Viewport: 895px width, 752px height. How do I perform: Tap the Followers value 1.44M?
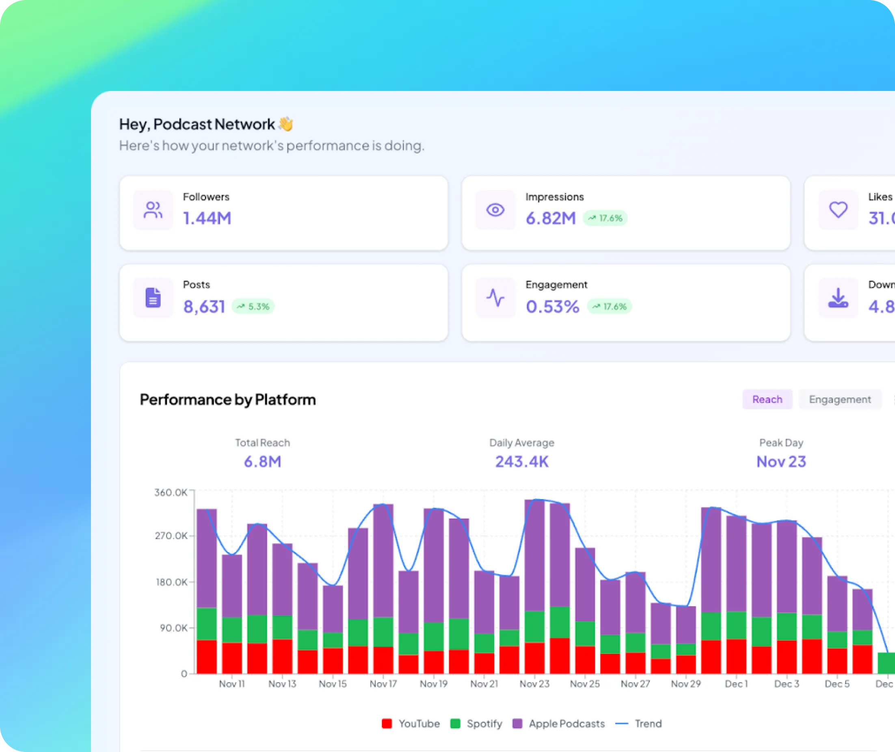[x=207, y=218]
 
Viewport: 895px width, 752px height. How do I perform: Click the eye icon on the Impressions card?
[x=495, y=210]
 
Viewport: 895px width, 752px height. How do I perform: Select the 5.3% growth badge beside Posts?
[x=253, y=307]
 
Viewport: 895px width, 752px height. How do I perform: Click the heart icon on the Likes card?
[x=838, y=210]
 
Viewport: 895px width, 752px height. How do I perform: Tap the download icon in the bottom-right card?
[x=838, y=298]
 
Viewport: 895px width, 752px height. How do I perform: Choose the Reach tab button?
[x=767, y=400]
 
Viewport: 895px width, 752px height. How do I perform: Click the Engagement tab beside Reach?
[x=839, y=400]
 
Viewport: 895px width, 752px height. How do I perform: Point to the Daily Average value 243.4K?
[x=521, y=462]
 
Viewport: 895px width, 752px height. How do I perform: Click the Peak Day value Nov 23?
[x=781, y=462]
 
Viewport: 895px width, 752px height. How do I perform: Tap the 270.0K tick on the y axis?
[x=171, y=536]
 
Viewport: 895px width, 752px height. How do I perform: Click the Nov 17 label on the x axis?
[x=383, y=684]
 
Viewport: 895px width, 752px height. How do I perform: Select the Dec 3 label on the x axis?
[x=786, y=684]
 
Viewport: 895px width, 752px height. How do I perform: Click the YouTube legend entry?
[x=411, y=724]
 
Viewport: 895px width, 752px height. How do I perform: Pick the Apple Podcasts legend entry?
[x=559, y=724]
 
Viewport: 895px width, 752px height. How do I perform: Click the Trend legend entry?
[x=639, y=724]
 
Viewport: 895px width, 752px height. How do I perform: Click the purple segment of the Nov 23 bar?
[x=534, y=554]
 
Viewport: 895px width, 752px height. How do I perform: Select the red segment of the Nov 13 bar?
[x=282, y=657]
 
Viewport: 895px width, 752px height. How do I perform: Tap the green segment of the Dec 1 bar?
[x=736, y=625]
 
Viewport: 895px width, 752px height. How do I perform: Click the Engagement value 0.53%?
[x=553, y=307]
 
